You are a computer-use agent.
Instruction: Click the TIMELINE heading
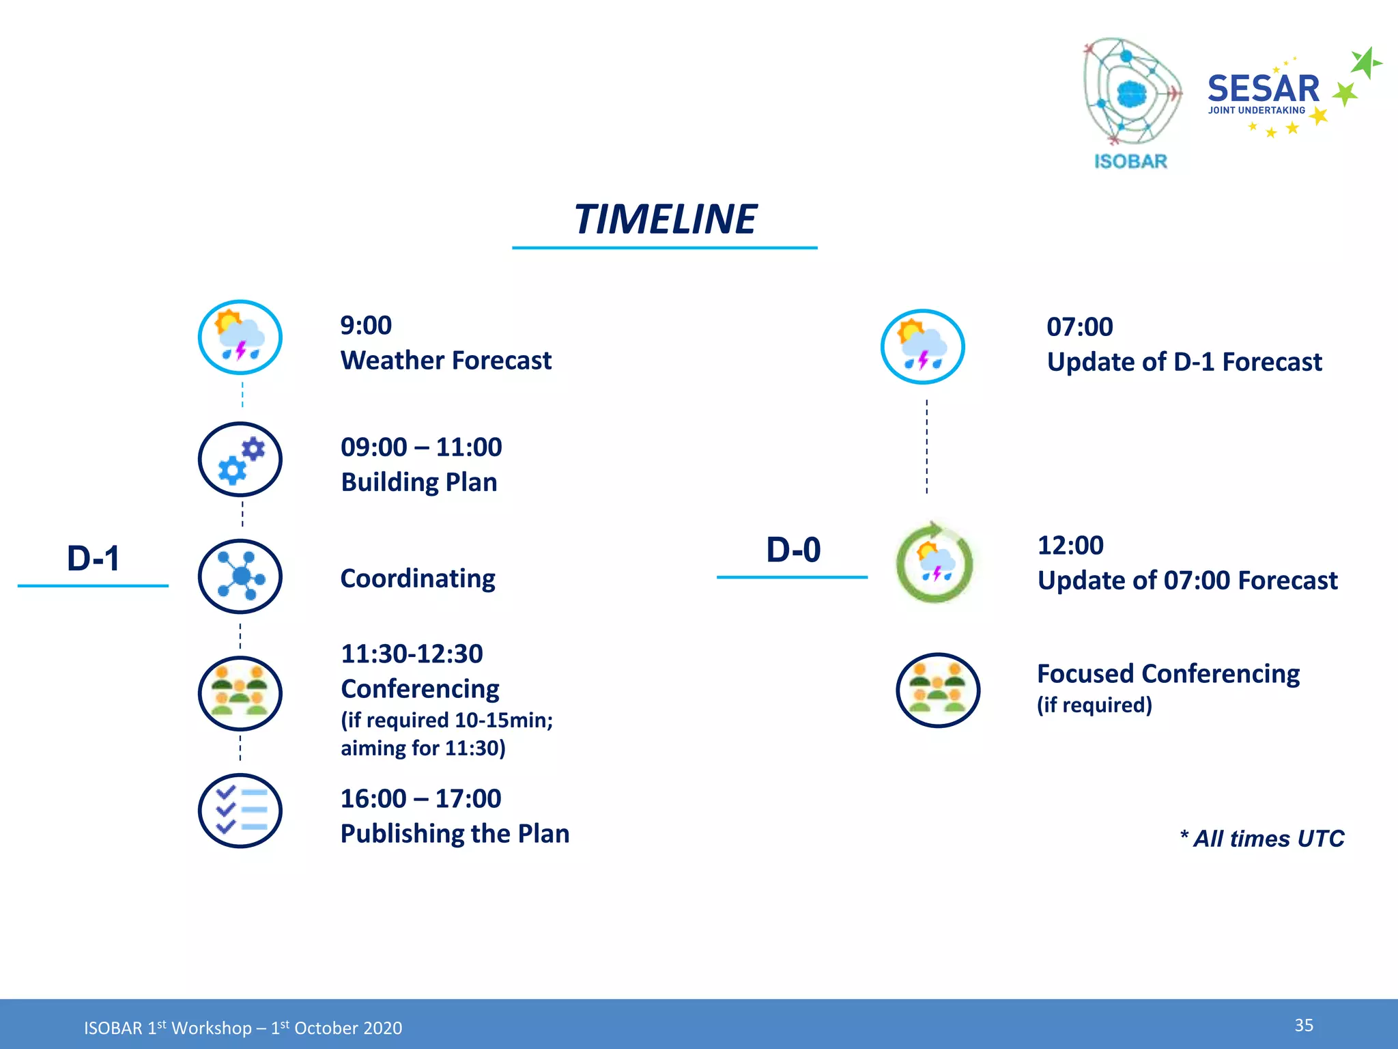tap(665, 220)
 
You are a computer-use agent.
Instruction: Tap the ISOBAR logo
tap(1131, 102)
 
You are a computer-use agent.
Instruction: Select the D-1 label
tap(94, 559)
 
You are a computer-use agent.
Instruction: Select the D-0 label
tap(793, 550)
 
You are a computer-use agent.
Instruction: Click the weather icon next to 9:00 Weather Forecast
tap(240, 337)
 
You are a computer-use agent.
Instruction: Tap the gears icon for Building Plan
tap(240, 460)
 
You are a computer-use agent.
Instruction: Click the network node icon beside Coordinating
tap(240, 576)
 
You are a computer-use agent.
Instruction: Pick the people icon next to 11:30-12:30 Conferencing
tap(240, 694)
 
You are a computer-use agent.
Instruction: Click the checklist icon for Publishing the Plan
tap(240, 811)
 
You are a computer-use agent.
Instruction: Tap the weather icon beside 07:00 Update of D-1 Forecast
tap(922, 347)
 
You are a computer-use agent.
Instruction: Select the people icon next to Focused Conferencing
tap(937, 690)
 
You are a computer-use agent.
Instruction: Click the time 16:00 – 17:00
tap(420, 798)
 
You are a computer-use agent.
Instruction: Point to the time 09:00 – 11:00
tap(421, 447)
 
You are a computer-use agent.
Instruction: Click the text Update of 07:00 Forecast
tap(1187, 581)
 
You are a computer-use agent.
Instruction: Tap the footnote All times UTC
tap(1262, 839)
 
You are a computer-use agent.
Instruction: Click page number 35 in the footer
tap(1303, 1025)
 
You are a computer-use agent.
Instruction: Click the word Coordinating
tap(418, 579)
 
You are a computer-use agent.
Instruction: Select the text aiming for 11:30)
tap(423, 749)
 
